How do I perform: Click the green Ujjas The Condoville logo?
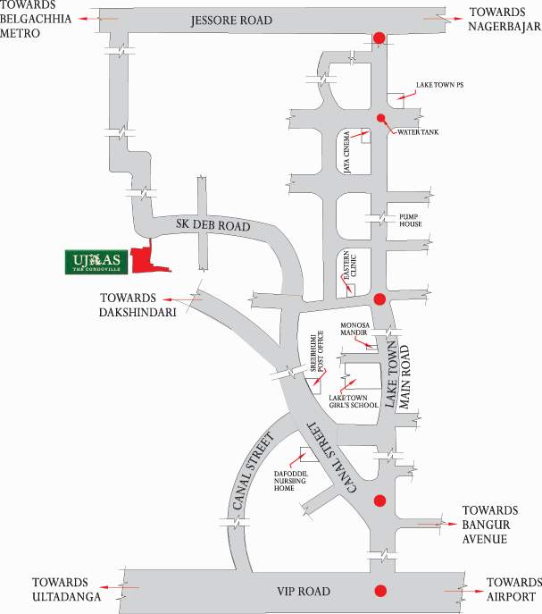pyautogui.click(x=96, y=261)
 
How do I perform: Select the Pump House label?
pyautogui.click(x=410, y=220)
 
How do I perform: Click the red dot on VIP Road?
pyautogui.click(x=380, y=590)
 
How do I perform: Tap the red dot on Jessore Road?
pyautogui.click(x=379, y=38)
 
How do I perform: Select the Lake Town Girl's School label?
pyautogui.click(x=354, y=400)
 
